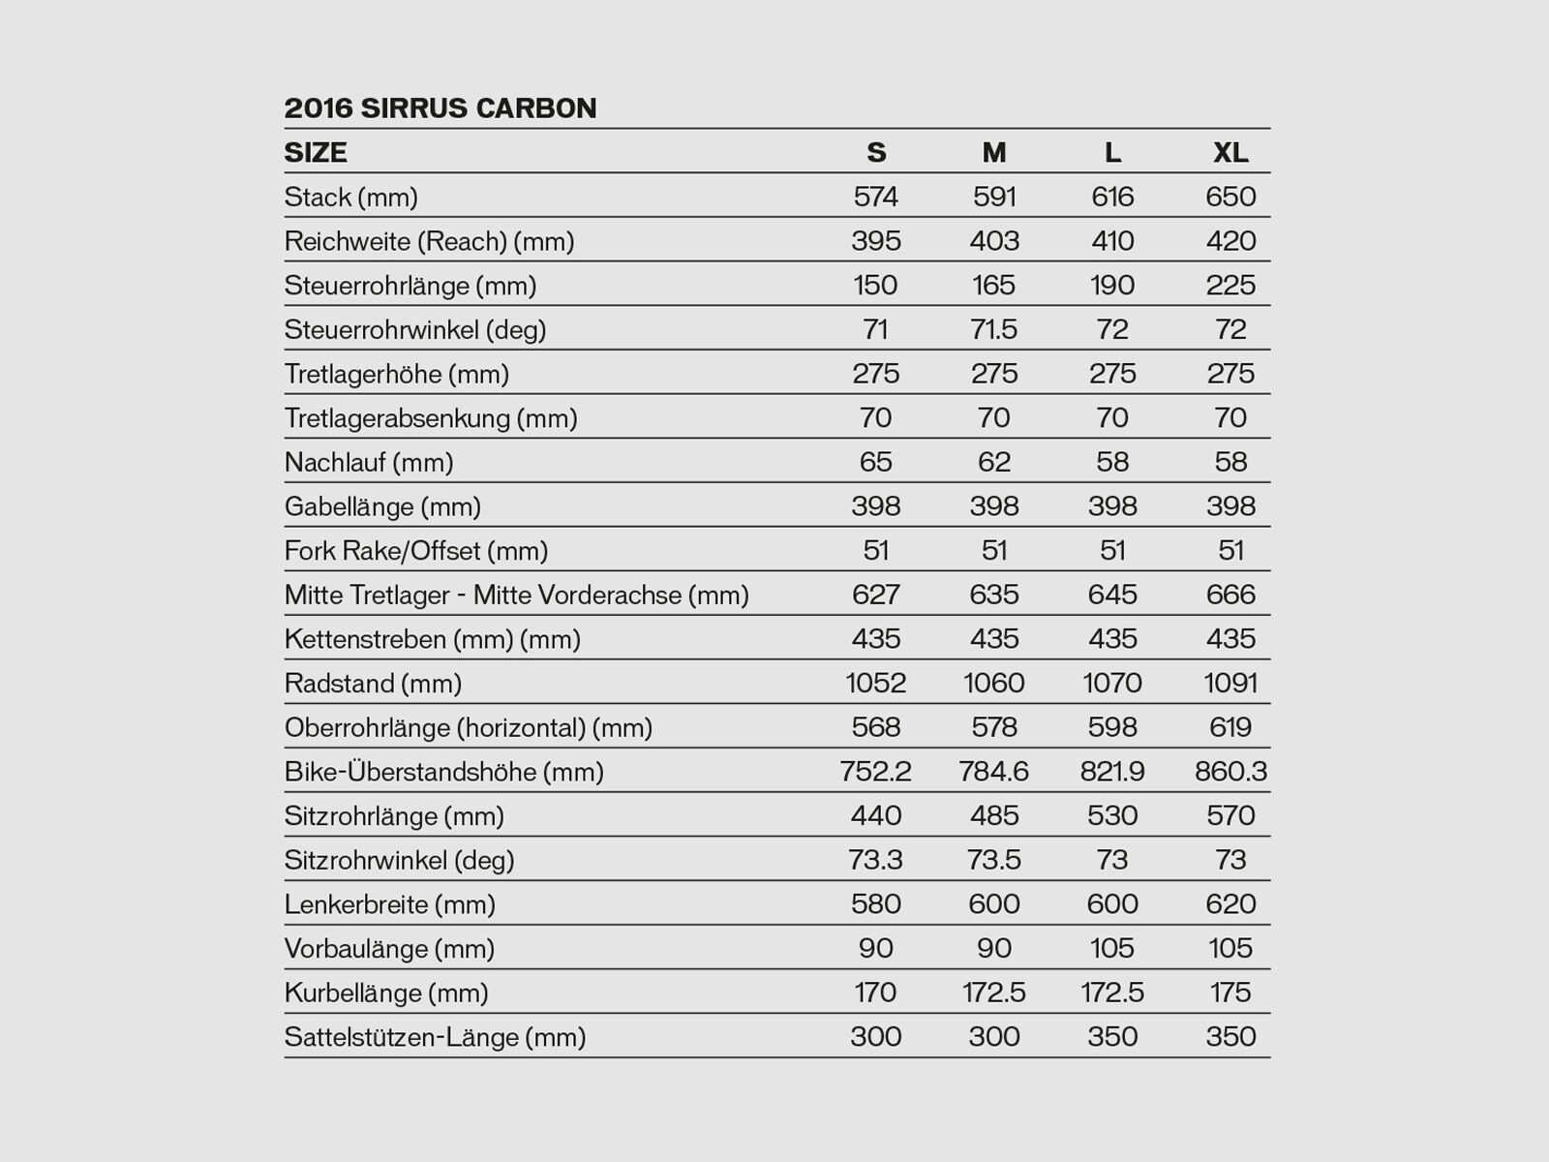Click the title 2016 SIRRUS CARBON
[x=440, y=107]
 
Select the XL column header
[x=1230, y=152]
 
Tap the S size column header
[x=875, y=152]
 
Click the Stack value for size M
[x=994, y=197]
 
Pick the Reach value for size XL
[x=1230, y=241]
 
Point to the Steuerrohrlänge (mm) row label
[x=410, y=286]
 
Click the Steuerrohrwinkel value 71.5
[x=994, y=329]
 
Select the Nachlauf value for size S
[x=875, y=462]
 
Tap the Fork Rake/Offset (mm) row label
[x=415, y=551]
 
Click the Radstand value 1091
[x=1230, y=684]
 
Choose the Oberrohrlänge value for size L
[x=1112, y=727]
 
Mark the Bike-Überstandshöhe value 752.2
[x=875, y=772]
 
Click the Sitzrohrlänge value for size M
[x=994, y=816]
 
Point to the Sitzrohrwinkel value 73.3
[x=875, y=860]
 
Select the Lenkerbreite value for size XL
[x=1230, y=904]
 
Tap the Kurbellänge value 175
[x=1230, y=993]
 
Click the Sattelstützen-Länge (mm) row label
[x=435, y=1037]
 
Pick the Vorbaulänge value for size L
[x=1112, y=948]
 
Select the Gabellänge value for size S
[x=875, y=506]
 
